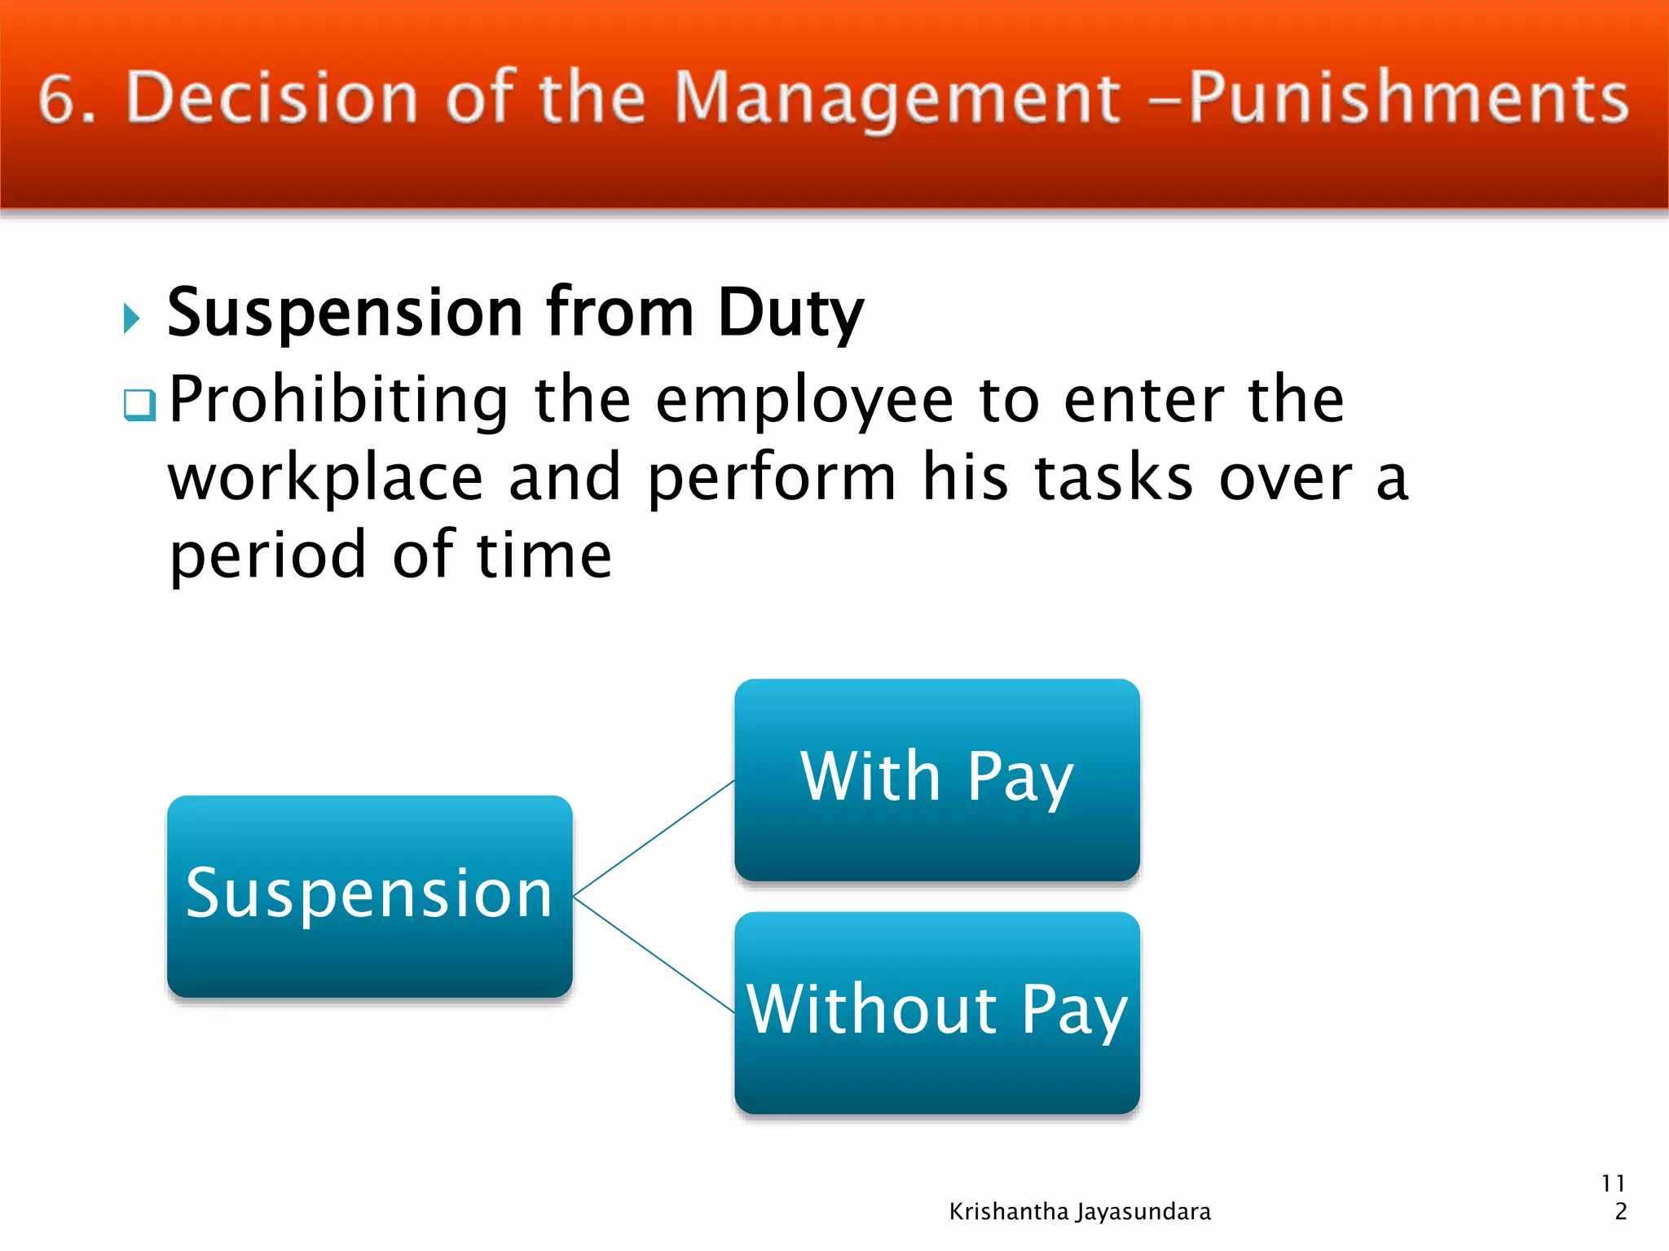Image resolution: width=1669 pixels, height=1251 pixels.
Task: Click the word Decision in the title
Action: tap(272, 98)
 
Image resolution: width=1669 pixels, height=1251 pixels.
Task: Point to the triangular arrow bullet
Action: tap(131, 318)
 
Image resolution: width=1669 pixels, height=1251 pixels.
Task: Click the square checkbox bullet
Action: tap(139, 404)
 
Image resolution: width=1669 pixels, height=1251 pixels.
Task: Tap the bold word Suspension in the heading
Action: tap(344, 314)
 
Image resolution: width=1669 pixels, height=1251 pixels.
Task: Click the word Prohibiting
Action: tap(338, 401)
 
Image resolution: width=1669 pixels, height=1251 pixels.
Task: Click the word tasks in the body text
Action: tap(1113, 479)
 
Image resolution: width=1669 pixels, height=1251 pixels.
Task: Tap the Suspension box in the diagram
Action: tap(369, 896)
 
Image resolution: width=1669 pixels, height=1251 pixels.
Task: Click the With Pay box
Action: tap(936, 779)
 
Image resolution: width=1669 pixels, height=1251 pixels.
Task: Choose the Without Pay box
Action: tap(936, 1012)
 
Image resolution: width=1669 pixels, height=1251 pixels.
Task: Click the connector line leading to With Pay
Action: tap(654, 839)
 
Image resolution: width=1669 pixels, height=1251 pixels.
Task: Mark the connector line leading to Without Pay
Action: tap(654, 955)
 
